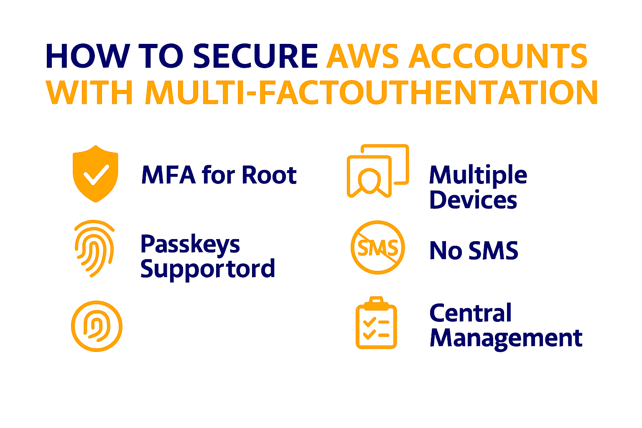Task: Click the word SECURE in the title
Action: pyautogui.click(x=255, y=56)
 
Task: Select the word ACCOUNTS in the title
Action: pyautogui.click(x=498, y=56)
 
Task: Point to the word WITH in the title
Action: pyautogui.click(x=89, y=93)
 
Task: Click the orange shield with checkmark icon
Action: pyautogui.click(x=95, y=173)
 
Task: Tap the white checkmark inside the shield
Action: pyautogui.click(x=96, y=175)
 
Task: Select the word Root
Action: pyautogui.click(x=269, y=175)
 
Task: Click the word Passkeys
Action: pyautogui.click(x=190, y=245)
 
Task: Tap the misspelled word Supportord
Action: pyautogui.click(x=208, y=269)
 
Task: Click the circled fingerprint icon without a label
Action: pyautogui.click(x=97, y=326)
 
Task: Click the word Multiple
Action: pyautogui.click(x=478, y=175)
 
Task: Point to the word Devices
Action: pyautogui.click(x=473, y=200)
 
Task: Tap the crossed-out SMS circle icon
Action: pyautogui.click(x=377, y=247)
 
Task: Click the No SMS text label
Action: pyautogui.click(x=474, y=251)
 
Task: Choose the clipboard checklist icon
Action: pyautogui.click(x=376, y=323)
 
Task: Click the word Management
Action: pyautogui.click(x=506, y=338)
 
